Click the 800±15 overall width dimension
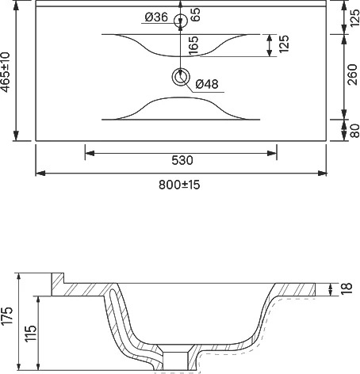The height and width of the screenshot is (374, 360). [179, 185]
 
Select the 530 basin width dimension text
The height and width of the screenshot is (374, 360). [182, 160]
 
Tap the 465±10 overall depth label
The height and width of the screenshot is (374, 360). [6, 72]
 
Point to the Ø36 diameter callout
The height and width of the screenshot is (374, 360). [156, 17]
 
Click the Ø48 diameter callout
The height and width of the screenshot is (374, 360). [207, 84]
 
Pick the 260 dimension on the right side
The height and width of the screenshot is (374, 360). [353, 74]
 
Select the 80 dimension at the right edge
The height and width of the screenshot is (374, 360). [354, 131]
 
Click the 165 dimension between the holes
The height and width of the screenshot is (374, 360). [193, 45]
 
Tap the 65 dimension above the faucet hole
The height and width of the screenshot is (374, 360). [195, 14]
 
